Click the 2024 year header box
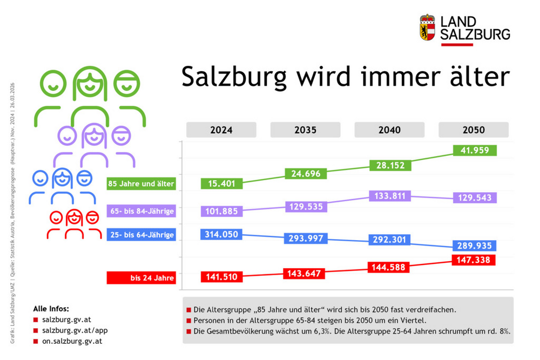point(221,130)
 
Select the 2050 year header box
point(473,130)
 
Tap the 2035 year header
point(305,130)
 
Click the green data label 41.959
point(475,151)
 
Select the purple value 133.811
point(389,196)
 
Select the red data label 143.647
point(305,273)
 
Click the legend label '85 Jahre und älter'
point(141,184)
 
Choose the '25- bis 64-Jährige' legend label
point(141,235)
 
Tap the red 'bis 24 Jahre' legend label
point(141,278)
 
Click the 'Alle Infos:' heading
point(51,309)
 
